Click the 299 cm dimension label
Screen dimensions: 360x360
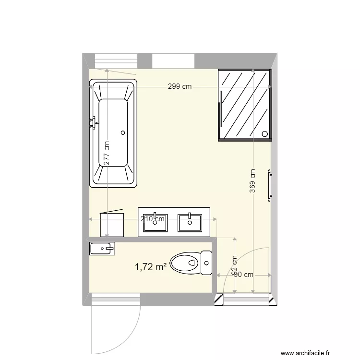click(x=180, y=87)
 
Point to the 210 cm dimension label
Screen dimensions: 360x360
click(x=153, y=219)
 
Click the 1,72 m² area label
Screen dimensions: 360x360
click(x=151, y=266)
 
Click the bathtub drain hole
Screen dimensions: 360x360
click(x=123, y=132)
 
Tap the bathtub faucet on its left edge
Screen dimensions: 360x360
click(x=93, y=123)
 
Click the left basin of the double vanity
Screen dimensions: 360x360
click(x=155, y=222)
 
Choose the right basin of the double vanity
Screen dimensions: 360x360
click(x=190, y=222)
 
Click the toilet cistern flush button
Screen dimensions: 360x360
click(x=207, y=263)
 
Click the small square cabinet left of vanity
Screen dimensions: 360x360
click(x=112, y=225)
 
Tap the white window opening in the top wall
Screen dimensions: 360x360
click(x=173, y=61)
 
